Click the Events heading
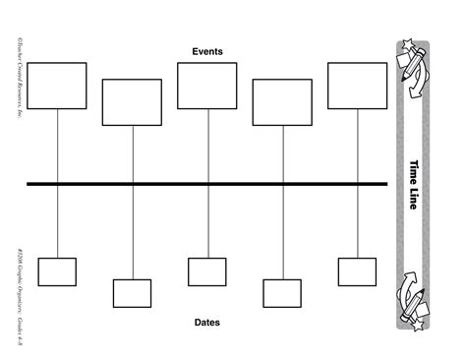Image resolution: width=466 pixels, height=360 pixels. click(x=207, y=50)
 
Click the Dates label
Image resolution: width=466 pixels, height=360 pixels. click(x=207, y=322)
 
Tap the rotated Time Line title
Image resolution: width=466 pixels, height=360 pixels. click(x=412, y=183)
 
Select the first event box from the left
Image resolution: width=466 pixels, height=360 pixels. click(x=57, y=85)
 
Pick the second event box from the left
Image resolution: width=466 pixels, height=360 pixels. click(x=132, y=102)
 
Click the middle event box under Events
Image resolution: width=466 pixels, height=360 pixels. click(x=206, y=85)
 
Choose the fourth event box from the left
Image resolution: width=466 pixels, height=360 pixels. click(x=282, y=102)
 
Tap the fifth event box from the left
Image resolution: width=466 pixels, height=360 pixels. click(x=357, y=85)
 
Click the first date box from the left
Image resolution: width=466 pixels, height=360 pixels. click(x=57, y=271)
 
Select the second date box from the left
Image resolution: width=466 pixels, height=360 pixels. click(x=132, y=293)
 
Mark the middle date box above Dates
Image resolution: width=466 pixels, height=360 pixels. click(x=206, y=271)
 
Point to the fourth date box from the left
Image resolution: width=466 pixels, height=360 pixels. click(x=282, y=293)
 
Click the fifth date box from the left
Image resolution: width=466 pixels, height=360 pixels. click(x=357, y=271)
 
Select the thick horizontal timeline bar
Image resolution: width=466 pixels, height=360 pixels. click(x=207, y=183)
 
